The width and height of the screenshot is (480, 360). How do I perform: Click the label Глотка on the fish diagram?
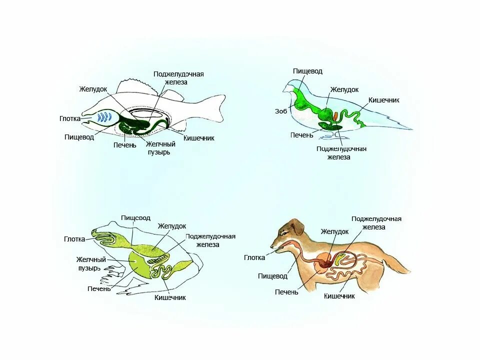tap(69, 119)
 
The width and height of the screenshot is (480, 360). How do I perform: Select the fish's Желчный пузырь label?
tap(160, 148)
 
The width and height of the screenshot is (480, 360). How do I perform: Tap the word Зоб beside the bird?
tap(281, 111)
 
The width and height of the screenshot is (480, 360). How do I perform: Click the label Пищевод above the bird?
tap(307, 71)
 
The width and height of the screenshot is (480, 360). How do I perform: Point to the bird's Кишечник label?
tap(384, 100)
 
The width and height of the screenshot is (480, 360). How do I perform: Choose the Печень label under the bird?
tap(301, 135)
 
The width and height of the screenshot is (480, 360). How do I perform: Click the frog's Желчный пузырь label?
tap(91, 263)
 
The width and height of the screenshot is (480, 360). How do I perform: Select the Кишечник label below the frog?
tap(170, 297)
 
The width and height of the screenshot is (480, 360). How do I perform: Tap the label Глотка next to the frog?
tap(74, 239)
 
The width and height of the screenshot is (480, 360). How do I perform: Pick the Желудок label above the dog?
tap(334, 232)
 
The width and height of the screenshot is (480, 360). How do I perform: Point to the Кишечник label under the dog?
tap(339, 296)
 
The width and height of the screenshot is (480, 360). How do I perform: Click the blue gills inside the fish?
tap(104, 117)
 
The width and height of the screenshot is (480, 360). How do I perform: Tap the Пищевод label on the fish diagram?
tap(79, 137)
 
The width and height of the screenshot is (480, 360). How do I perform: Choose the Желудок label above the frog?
tap(171, 226)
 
